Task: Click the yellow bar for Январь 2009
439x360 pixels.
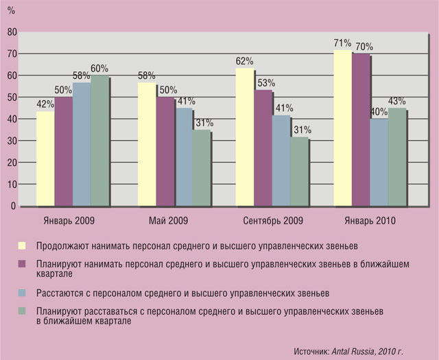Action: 45,158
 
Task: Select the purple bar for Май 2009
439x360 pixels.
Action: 165,152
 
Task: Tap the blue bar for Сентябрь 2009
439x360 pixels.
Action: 281,160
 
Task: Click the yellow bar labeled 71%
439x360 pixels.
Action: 343,128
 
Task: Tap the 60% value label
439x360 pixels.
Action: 100,68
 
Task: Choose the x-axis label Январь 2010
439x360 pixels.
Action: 371,221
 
